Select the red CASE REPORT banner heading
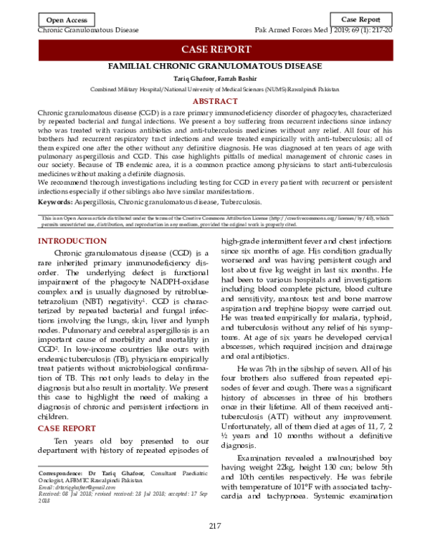pyautogui.click(x=215, y=49)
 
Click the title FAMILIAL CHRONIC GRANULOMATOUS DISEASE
pyautogui.click(x=215, y=66)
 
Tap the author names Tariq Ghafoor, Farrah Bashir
pyautogui.click(x=215, y=78)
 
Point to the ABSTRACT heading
pyautogui.click(x=215, y=102)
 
